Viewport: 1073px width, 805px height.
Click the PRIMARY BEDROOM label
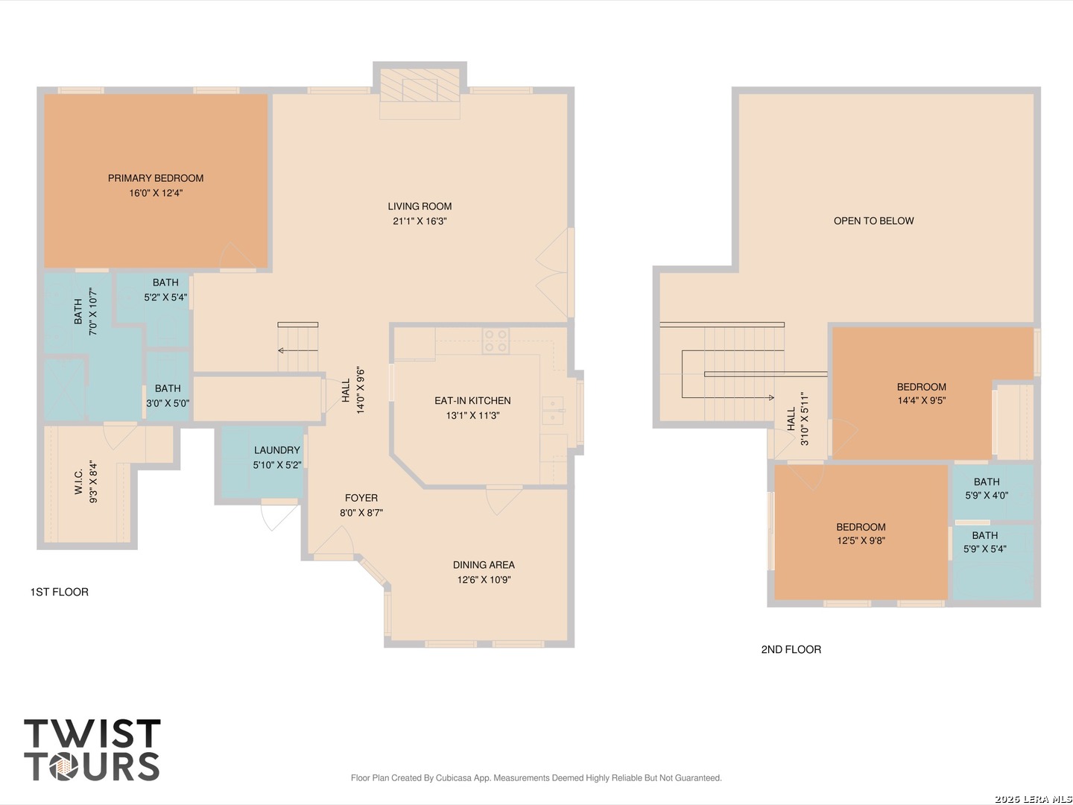[x=156, y=178]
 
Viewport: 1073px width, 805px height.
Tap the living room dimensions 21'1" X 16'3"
[x=420, y=221]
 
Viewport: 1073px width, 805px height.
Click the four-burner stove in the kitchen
[x=496, y=341]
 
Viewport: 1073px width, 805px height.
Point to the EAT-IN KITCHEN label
[x=472, y=401]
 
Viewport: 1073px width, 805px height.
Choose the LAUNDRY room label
[x=277, y=450]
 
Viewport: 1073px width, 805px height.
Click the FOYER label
[x=361, y=498]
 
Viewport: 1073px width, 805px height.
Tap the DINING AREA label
[x=484, y=565]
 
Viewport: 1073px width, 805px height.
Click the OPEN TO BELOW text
[x=874, y=221]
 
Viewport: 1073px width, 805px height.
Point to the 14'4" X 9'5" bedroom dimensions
[x=922, y=401]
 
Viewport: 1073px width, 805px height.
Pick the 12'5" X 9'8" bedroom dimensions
[x=861, y=541]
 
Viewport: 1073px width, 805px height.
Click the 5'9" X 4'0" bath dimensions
[x=987, y=496]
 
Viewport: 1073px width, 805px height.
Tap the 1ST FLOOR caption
[x=59, y=593]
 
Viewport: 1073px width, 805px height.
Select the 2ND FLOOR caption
[x=791, y=650]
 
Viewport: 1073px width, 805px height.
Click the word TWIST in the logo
[x=92, y=733]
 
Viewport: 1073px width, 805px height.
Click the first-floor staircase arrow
[x=298, y=350]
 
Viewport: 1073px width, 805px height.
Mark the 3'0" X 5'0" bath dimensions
[x=168, y=404]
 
